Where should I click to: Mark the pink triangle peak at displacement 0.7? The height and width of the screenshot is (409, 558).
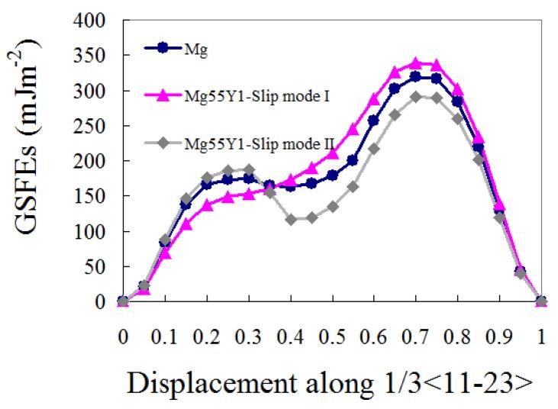click(x=416, y=63)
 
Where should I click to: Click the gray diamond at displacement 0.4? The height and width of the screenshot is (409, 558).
click(x=291, y=220)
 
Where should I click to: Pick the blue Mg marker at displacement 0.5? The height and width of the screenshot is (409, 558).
click(x=333, y=176)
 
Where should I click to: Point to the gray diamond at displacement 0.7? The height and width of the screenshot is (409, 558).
click(x=416, y=97)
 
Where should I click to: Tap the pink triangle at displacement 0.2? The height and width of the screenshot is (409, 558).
click(x=207, y=205)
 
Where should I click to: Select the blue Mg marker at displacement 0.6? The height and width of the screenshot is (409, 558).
click(x=374, y=121)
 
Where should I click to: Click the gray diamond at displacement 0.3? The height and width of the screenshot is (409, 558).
click(x=249, y=169)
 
